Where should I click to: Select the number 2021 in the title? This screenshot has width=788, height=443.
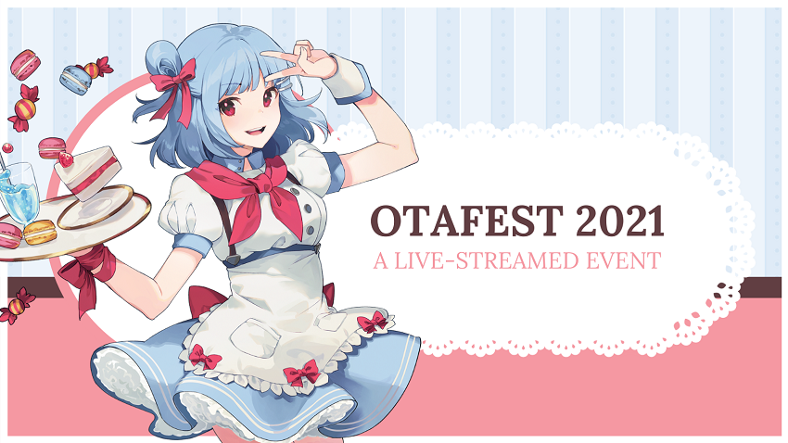[x=617, y=222]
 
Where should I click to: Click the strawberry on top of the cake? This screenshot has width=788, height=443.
[x=65, y=158]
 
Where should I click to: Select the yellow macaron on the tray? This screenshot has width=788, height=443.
[x=38, y=232]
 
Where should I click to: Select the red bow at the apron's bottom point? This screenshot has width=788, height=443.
[x=300, y=373]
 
